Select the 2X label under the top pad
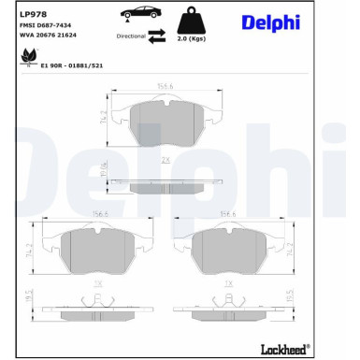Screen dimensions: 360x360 [166, 163]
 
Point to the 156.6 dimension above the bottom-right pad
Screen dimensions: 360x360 [225, 213]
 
